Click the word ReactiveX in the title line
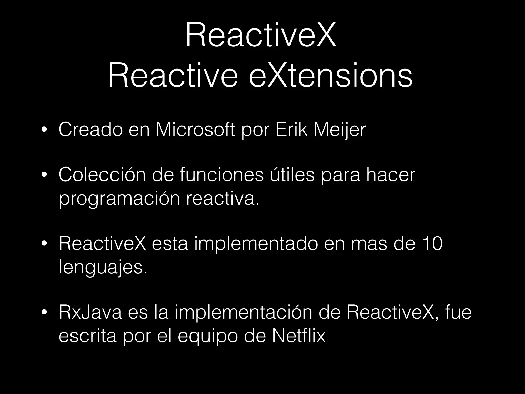click(x=260, y=35)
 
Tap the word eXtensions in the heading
click(x=331, y=76)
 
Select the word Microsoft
click(x=195, y=130)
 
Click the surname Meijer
click(x=340, y=130)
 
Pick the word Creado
click(x=90, y=130)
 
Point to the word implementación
click(x=244, y=312)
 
